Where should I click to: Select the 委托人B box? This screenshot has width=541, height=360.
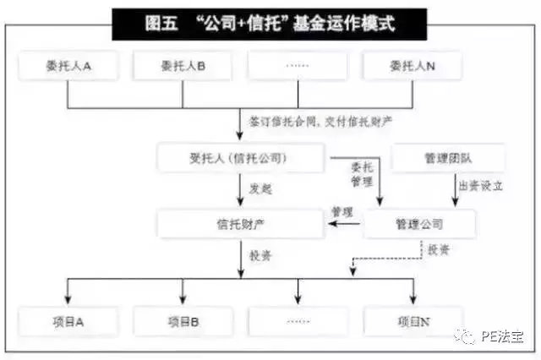183,66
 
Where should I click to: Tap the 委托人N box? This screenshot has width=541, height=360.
412,66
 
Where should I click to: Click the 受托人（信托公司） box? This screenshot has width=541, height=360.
240,157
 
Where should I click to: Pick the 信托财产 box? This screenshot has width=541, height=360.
240,224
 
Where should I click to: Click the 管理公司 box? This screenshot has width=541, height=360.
419,224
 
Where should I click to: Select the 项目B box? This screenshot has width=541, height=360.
183,321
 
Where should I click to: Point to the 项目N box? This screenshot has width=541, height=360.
413,321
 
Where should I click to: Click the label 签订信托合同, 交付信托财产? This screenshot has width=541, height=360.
320,121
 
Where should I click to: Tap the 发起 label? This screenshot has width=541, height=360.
260,188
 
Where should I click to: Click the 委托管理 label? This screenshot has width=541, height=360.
361,173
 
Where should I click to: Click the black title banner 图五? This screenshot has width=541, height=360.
270,23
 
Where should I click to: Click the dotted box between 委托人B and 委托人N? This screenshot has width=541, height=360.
298,66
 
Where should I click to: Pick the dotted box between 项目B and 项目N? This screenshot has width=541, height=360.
298,321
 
